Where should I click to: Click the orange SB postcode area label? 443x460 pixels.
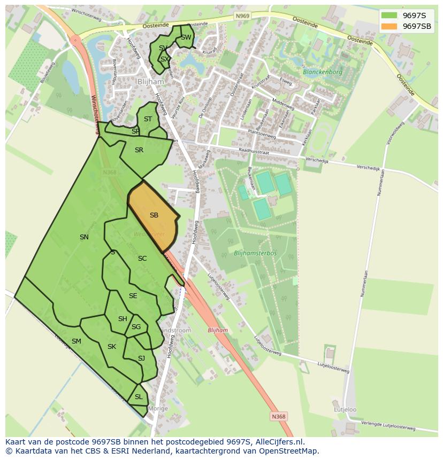(154, 215)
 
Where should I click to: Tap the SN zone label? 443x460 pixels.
(84, 237)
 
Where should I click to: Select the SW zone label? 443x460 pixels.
(186, 37)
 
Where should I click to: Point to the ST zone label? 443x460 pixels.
(148, 119)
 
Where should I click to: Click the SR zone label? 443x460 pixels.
(139, 150)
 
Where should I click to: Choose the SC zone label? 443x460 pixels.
(142, 259)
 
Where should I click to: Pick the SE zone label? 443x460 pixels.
(133, 296)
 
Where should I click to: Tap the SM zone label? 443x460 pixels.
(77, 341)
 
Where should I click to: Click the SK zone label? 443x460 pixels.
(112, 347)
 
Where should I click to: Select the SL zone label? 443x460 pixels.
(139, 397)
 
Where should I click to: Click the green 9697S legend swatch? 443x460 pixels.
(389, 15)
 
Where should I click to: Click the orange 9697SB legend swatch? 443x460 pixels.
(389, 26)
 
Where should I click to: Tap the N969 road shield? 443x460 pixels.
(242, 17)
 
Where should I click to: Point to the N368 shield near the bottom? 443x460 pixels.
(278, 416)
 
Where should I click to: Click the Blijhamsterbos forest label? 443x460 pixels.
(255, 253)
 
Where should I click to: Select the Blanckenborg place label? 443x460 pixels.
(322, 72)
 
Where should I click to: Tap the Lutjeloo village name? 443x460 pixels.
(345, 410)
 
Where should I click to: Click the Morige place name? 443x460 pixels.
(158, 409)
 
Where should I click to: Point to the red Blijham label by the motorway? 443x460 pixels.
(218, 330)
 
